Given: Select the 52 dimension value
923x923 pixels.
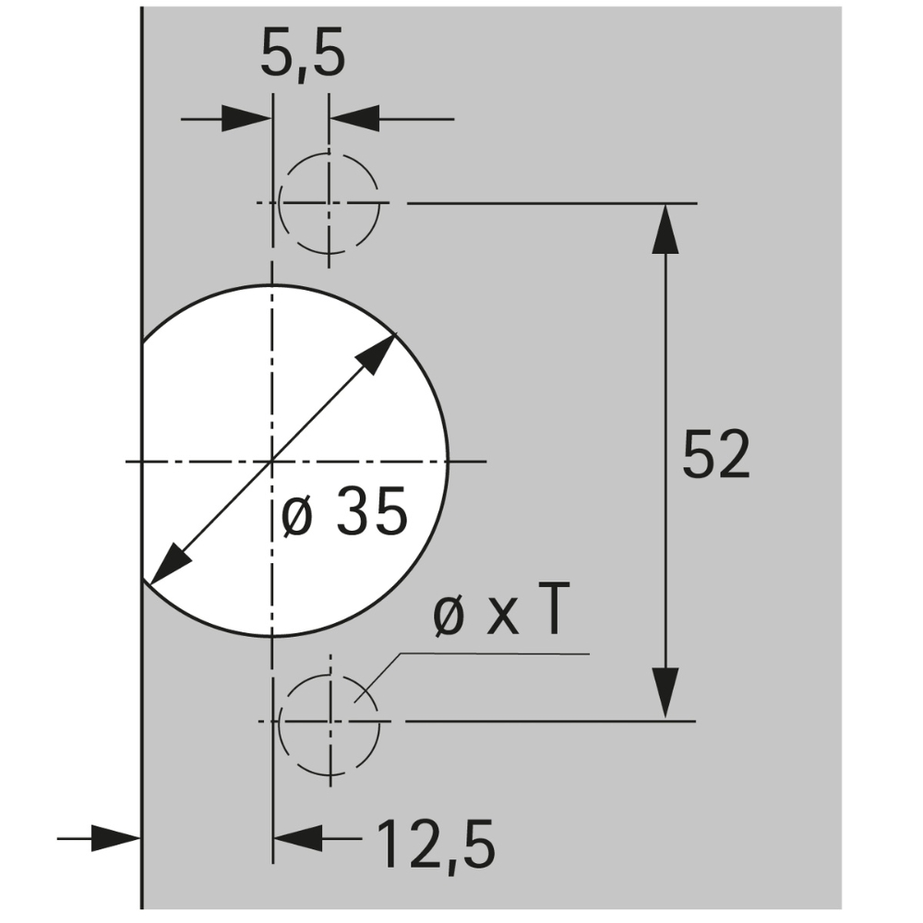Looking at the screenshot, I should pos(716,454).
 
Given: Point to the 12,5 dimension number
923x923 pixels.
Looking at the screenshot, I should pos(435,843).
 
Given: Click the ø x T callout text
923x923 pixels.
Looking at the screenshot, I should pos(498,615).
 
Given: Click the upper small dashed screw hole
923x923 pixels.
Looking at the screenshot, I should pos(330,203).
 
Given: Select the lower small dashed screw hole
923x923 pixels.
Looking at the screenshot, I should pos(330,721).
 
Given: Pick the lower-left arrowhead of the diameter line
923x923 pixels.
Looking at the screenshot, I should pos(167,567).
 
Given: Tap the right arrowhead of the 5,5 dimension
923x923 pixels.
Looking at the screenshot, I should pos(354,119).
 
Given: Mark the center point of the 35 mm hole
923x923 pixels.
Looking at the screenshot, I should pos(271,460).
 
